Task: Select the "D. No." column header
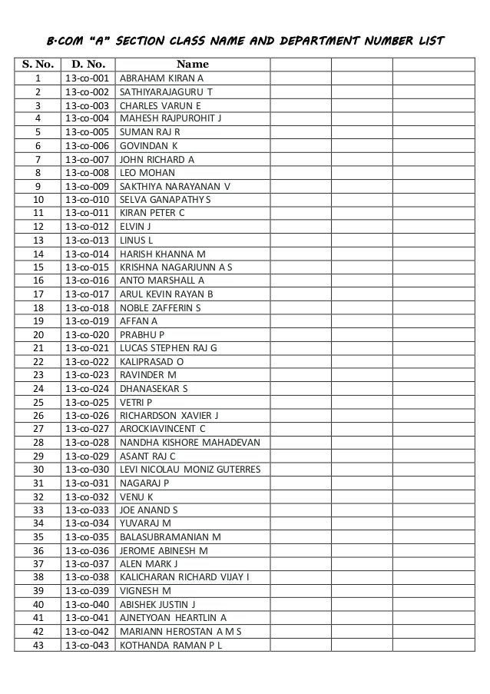88,65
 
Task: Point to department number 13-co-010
88,199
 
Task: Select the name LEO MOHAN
147,172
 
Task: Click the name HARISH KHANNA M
163,254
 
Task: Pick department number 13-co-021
88,348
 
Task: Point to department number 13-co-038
88,577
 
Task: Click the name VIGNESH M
146,590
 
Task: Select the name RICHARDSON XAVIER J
170,416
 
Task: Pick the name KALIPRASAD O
152,362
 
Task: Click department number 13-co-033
88,510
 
